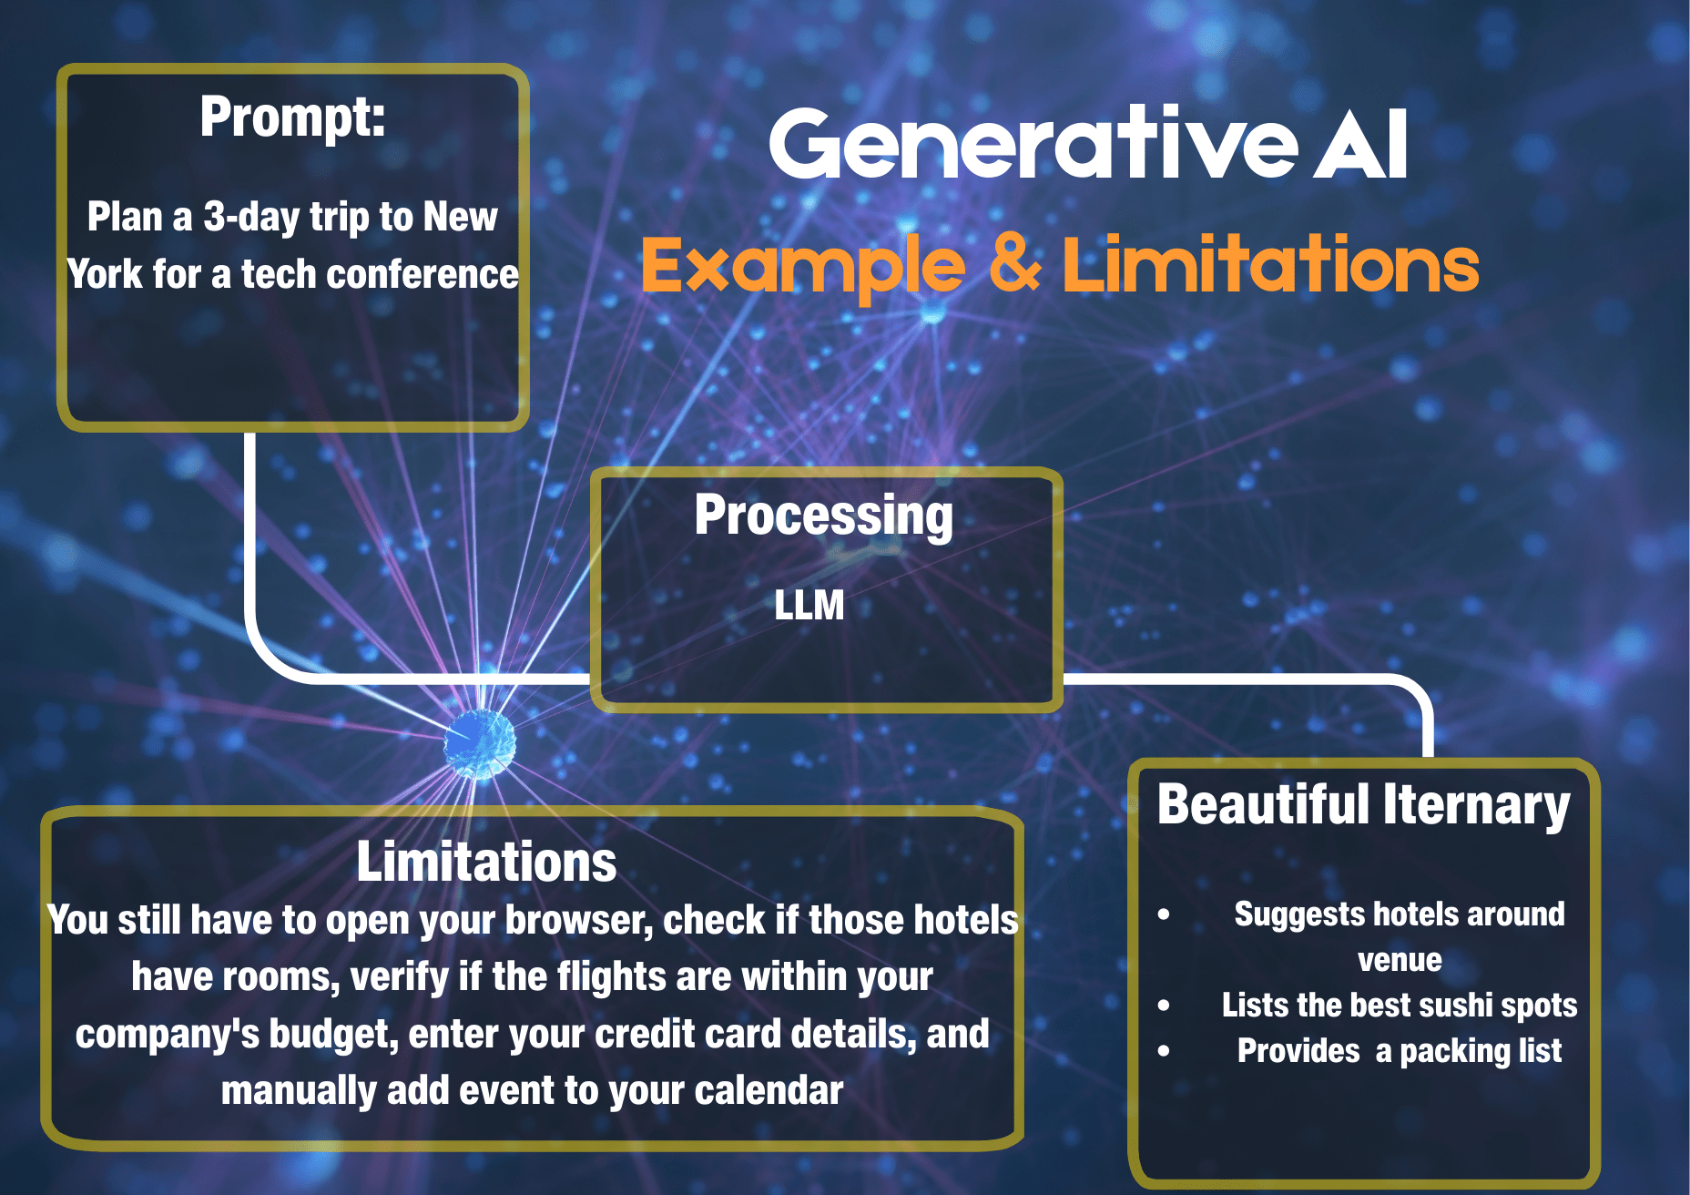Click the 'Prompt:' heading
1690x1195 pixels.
(292, 118)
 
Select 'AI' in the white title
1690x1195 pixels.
(1360, 144)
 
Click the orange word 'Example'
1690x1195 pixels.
(802, 265)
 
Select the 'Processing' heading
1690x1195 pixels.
(823, 516)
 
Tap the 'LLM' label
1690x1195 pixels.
(809, 606)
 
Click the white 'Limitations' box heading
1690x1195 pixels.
(486, 862)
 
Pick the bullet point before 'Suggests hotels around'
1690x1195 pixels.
(1164, 914)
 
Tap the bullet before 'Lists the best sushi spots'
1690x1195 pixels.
(1164, 1006)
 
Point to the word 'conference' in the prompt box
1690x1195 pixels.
(422, 274)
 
